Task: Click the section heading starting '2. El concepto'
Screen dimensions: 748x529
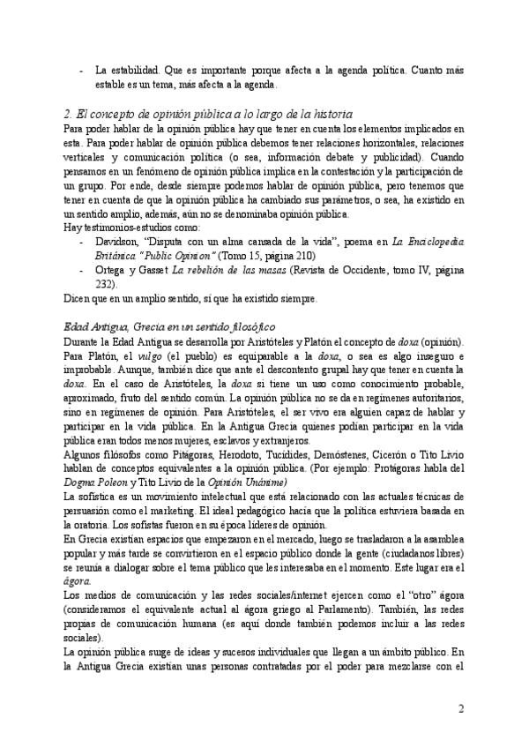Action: pos(209,114)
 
